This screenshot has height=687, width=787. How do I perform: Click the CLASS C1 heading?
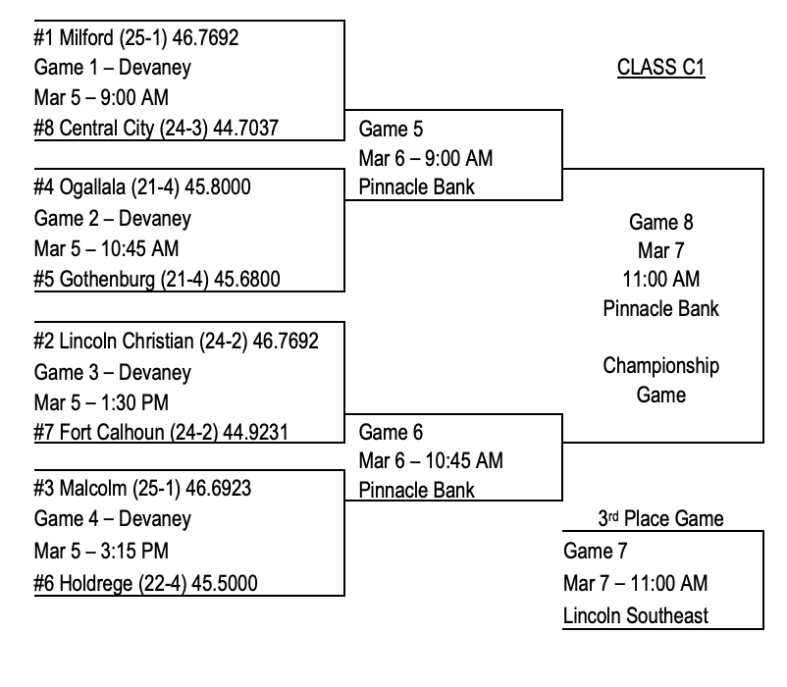pyautogui.click(x=660, y=68)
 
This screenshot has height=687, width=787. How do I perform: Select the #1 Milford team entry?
pyautogui.click(x=136, y=38)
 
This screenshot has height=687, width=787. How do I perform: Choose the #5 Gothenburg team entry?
pyautogui.click(x=156, y=279)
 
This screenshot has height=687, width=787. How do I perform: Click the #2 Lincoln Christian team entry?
pyautogui.click(x=176, y=341)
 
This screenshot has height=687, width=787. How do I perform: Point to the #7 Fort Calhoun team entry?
pyautogui.click(x=160, y=433)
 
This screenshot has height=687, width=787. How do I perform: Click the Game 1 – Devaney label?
pyautogui.click(x=112, y=69)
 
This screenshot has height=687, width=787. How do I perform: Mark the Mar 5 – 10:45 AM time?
pyautogui.click(x=106, y=248)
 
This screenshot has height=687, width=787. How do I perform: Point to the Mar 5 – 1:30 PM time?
pyautogui.click(x=101, y=402)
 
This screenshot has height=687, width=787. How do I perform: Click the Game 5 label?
pyautogui.click(x=393, y=129)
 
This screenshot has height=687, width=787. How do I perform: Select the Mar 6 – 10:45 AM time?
pyautogui.click(x=431, y=460)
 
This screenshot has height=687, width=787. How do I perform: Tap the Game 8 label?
pyautogui.click(x=660, y=223)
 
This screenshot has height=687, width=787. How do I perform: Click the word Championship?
pyautogui.click(x=660, y=366)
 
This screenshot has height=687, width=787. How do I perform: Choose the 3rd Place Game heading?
pyautogui.click(x=660, y=519)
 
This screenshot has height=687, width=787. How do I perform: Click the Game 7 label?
pyautogui.click(x=596, y=552)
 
